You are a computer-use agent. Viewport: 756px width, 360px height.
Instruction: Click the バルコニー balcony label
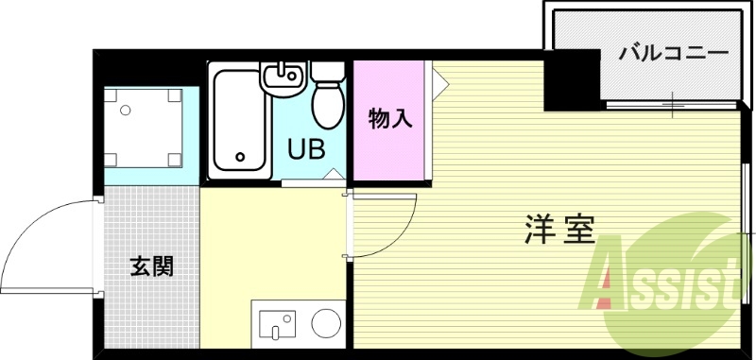coord(673,54)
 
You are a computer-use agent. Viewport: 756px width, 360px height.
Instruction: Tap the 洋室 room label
coord(559,230)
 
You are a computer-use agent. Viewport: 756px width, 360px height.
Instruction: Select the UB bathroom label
coord(306,149)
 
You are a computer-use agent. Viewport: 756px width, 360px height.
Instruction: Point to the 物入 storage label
coord(389,120)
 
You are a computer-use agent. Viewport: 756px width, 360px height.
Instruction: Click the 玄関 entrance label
coord(151,266)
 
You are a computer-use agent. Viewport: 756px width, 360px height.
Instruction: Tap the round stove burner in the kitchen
coord(327,323)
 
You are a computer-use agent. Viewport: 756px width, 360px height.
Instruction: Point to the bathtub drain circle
coord(240,157)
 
